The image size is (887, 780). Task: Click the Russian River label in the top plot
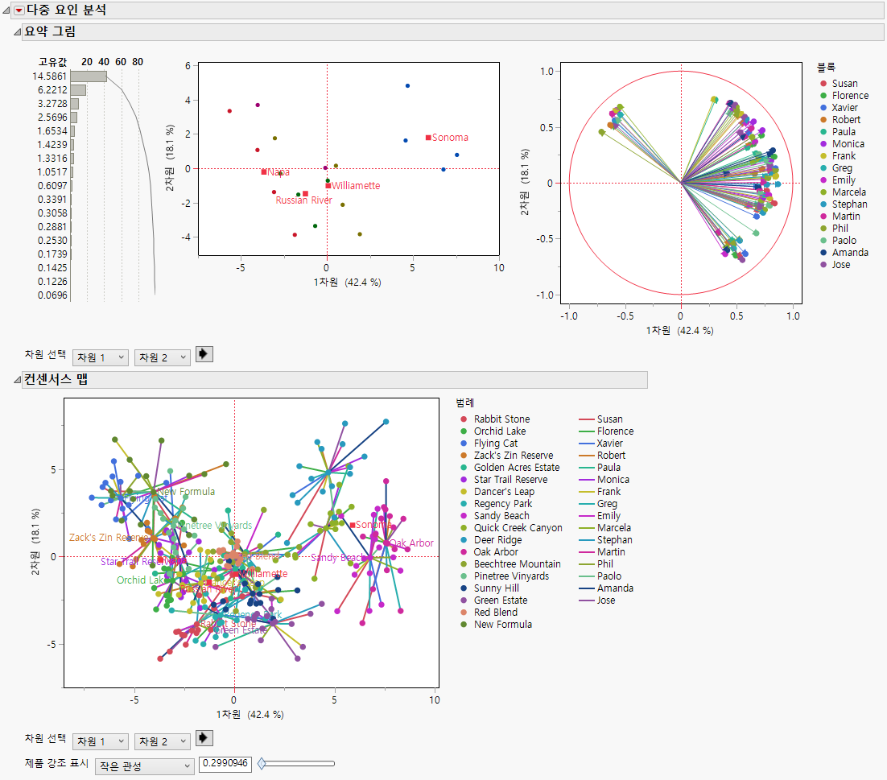303,200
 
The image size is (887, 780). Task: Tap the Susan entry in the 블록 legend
844,84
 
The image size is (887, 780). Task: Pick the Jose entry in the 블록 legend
840,265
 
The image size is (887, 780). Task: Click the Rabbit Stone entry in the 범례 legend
501,419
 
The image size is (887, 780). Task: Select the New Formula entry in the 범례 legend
502,625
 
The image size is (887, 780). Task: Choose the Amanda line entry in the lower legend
614,588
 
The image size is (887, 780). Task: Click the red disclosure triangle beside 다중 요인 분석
19,10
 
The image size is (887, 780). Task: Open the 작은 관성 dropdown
144,766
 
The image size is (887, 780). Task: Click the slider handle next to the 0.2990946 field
261,764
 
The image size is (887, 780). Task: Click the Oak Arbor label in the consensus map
411,543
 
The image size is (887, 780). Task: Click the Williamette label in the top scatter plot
356,186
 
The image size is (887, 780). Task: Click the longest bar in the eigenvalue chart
88,76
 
